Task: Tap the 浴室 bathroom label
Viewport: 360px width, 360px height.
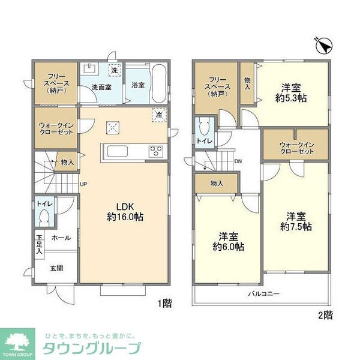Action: [x=137, y=85]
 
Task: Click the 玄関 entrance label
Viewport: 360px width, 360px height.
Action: [x=57, y=268]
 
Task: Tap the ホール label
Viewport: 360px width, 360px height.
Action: [x=61, y=238]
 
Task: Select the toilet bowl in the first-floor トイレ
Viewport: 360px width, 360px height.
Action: [x=42, y=220]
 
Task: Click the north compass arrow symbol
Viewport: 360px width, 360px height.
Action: [x=323, y=45]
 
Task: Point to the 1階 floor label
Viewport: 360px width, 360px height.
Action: [x=165, y=304]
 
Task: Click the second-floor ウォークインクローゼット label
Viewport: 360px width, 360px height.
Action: [x=296, y=148]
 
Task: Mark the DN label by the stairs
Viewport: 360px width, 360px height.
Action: [x=238, y=161]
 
